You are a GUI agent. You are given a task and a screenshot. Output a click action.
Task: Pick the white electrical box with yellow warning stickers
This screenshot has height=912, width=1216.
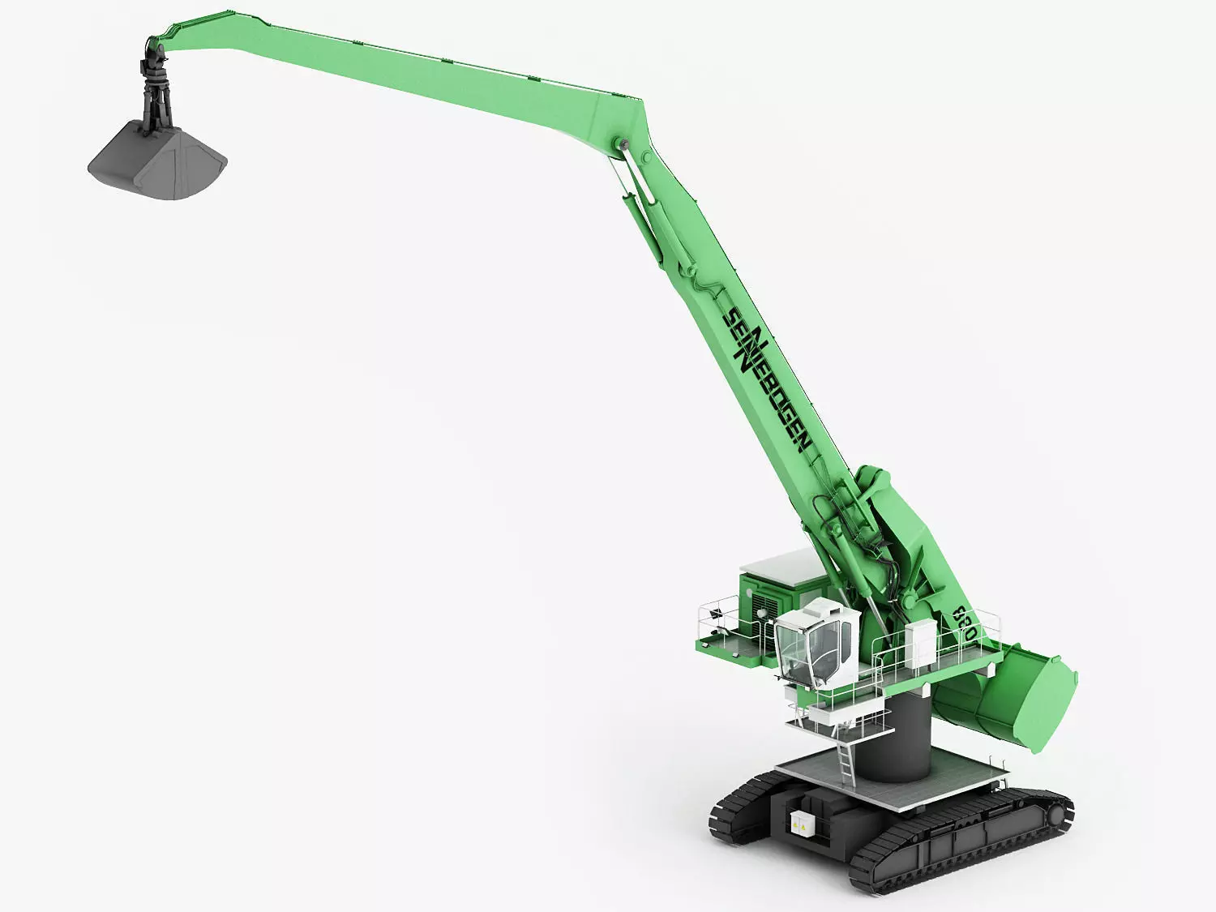[x=802, y=823]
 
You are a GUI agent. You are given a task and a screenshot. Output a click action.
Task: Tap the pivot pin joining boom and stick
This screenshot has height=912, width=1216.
[x=623, y=145]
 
